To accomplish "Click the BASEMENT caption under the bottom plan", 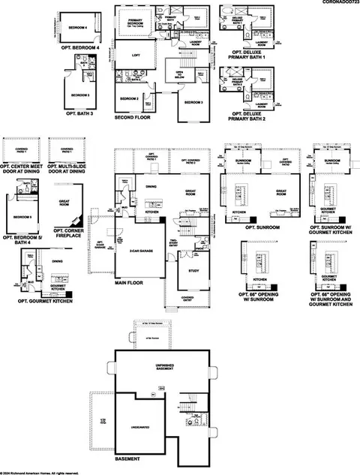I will tap(127, 457).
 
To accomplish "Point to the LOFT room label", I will tap(136, 55).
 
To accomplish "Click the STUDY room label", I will tap(193, 270).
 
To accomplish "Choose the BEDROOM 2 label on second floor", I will tap(130, 98).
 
